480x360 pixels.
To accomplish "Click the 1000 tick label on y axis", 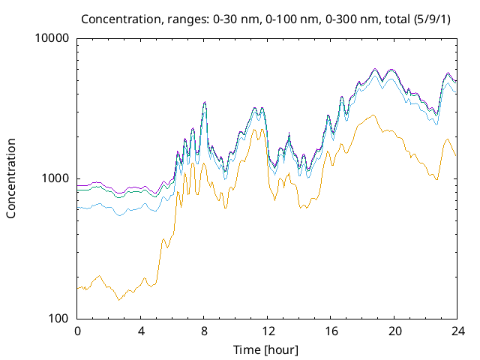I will tap(55, 178).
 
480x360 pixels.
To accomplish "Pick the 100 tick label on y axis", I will tap(58, 318).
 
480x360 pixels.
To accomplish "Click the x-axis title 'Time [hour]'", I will tap(266, 349).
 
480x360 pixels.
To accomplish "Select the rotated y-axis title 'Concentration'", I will tap(11, 178).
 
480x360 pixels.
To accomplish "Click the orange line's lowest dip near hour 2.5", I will tap(118, 300).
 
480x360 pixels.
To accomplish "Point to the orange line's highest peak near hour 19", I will tap(373, 115).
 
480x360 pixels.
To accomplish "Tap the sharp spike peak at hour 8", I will tap(204, 102).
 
